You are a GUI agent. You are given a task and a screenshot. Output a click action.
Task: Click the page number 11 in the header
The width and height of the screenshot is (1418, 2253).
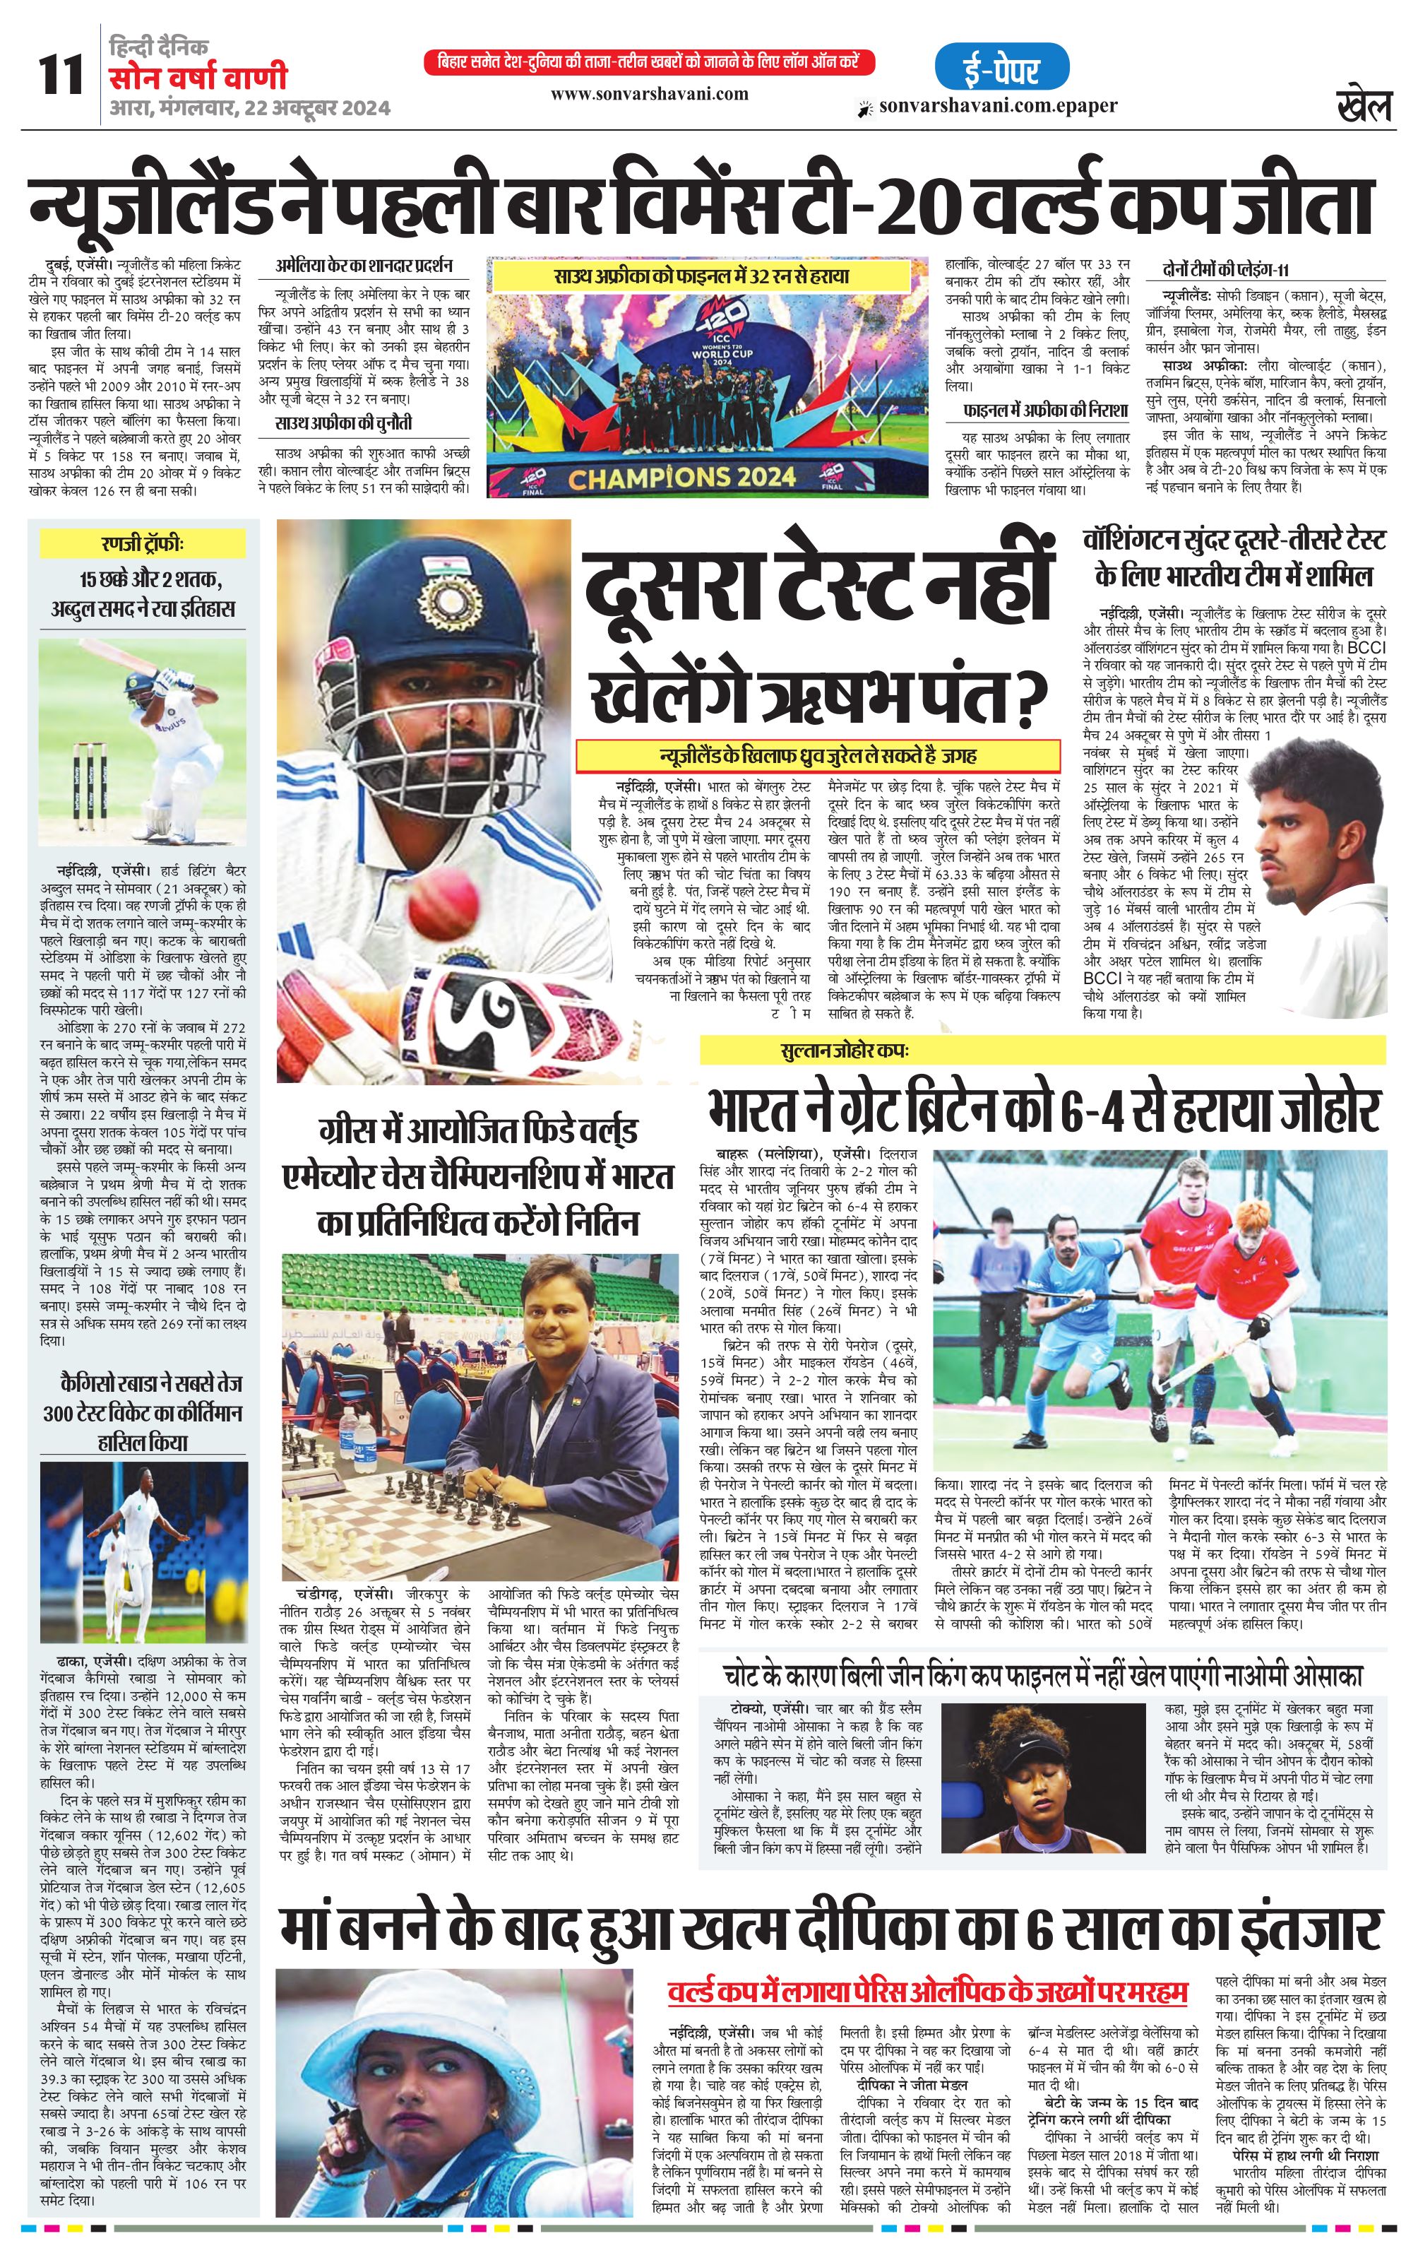click(x=61, y=75)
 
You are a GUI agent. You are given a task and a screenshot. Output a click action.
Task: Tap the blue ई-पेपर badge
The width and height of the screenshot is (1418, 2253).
click(x=1001, y=67)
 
